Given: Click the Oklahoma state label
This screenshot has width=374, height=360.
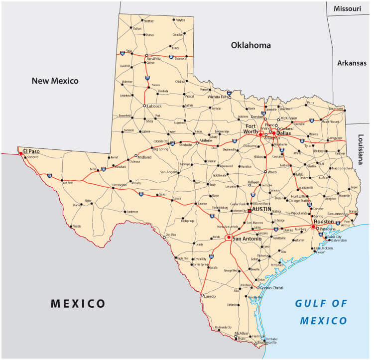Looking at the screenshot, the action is [x=251, y=45].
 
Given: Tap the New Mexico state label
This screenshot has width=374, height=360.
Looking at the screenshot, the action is [x=55, y=81].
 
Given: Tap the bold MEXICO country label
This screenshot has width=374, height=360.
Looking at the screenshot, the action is [x=78, y=303].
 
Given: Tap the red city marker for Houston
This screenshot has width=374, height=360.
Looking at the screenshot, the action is [x=313, y=227].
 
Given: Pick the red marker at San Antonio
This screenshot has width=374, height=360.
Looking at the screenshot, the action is [x=229, y=238].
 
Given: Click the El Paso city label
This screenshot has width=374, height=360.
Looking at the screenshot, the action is [x=31, y=151].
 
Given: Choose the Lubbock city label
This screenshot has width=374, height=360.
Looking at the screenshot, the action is [x=154, y=106].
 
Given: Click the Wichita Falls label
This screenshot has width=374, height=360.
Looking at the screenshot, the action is [x=217, y=97].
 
